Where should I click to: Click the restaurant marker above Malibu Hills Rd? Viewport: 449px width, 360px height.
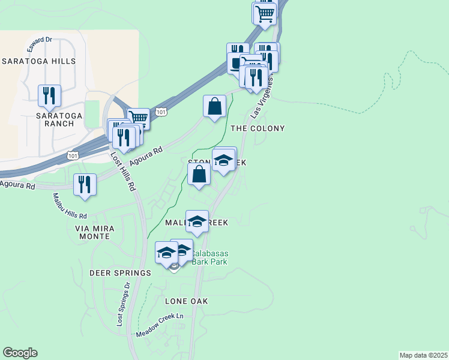click(85, 184)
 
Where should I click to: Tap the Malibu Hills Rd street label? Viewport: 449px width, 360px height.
click(70, 206)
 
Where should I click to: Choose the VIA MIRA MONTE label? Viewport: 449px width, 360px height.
click(92, 232)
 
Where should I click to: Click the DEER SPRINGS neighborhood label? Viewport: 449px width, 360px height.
click(120, 273)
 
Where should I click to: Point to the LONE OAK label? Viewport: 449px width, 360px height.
click(185, 301)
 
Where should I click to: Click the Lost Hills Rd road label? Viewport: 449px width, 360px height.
click(123, 171)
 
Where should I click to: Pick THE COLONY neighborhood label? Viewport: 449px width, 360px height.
click(258, 128)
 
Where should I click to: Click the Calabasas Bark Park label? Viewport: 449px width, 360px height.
click(214, 257)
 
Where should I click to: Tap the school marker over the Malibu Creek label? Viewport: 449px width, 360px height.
click(197, 221)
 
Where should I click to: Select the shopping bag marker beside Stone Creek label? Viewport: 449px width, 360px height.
click(199, 175)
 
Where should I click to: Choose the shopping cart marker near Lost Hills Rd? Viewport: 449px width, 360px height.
click(139, 118)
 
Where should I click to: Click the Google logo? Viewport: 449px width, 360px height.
click(20, 353)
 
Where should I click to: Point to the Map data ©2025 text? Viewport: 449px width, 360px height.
click(423, 355)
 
